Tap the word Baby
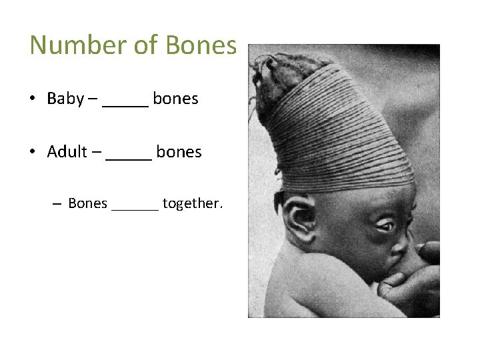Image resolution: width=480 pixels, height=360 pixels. click(65, 99)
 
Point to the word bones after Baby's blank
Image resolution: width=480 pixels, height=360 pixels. click(175, 99)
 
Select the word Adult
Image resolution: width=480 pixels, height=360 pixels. click(67, 152)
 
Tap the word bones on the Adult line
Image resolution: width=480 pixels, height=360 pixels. click(179, 152)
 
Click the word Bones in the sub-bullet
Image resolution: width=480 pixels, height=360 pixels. click(87, 203)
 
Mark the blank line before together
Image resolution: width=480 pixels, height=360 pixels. click(135, 209)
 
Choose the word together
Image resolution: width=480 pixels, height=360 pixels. click(192, 203)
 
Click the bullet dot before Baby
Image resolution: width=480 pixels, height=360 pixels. click(32, 99)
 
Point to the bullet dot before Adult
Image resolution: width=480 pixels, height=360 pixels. click(32, 153)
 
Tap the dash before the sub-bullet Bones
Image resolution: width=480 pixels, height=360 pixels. click(57, 204)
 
